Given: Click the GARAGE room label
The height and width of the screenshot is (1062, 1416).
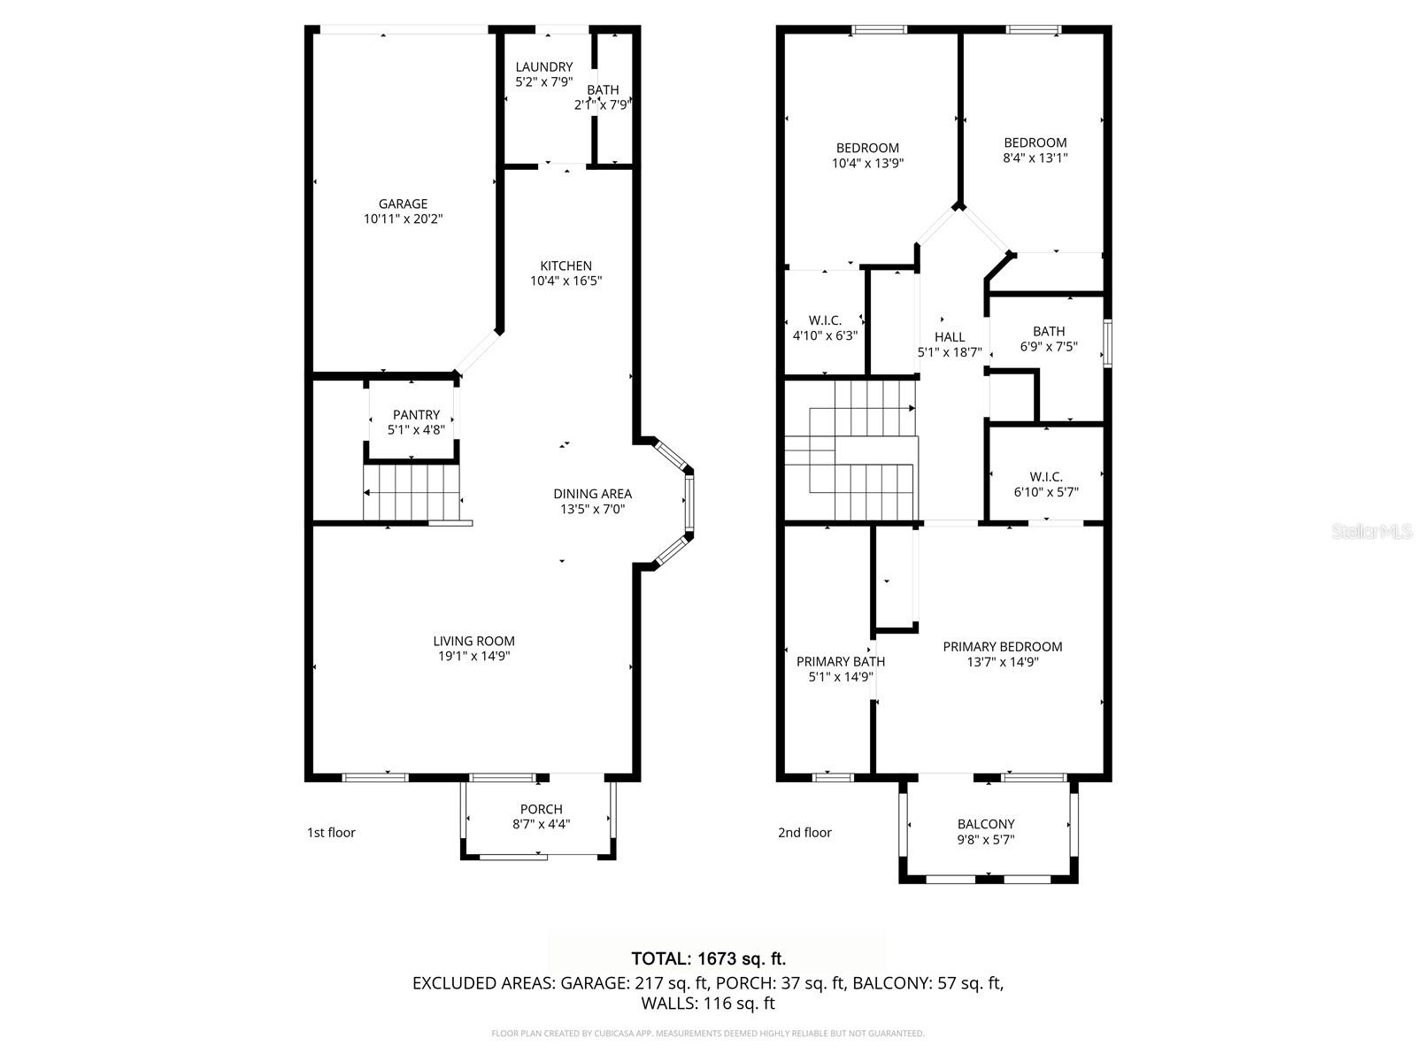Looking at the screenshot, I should click(403, 204).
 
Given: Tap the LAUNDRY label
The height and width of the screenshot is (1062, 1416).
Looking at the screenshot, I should click(544, 66).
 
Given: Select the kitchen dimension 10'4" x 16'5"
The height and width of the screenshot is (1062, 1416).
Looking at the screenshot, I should click(566, 281).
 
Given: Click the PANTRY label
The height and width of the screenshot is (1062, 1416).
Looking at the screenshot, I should click(416, 414).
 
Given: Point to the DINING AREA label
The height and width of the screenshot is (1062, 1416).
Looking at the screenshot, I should click(592, 494).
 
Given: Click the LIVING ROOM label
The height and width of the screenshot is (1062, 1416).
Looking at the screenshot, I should click(473, 641).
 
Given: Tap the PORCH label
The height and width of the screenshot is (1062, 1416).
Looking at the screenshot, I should click(541, 809).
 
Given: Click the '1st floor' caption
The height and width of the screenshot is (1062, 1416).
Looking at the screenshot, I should click(331, 832).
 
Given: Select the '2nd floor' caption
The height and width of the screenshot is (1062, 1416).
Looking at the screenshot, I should click(804, 832).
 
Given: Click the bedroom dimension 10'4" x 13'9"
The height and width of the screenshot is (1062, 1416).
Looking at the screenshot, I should click(867, 163).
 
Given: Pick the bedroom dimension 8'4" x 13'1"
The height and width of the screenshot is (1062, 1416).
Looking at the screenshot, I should click(1035, 158).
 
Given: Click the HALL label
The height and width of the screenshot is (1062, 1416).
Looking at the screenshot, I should click(950, 336).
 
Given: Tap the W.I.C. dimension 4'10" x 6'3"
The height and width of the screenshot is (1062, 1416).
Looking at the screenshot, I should click(825, 335).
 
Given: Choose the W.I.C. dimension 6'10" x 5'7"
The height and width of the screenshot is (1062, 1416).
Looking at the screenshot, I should click(1046, 492).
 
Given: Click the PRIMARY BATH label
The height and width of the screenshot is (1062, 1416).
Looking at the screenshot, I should click(840, 661).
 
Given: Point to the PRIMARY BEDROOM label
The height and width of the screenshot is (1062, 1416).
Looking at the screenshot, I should click(1002, 646).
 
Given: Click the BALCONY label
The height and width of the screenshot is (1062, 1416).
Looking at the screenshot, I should click(986, 824).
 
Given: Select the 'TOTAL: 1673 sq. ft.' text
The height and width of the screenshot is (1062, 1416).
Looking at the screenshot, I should click(708, 958).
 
